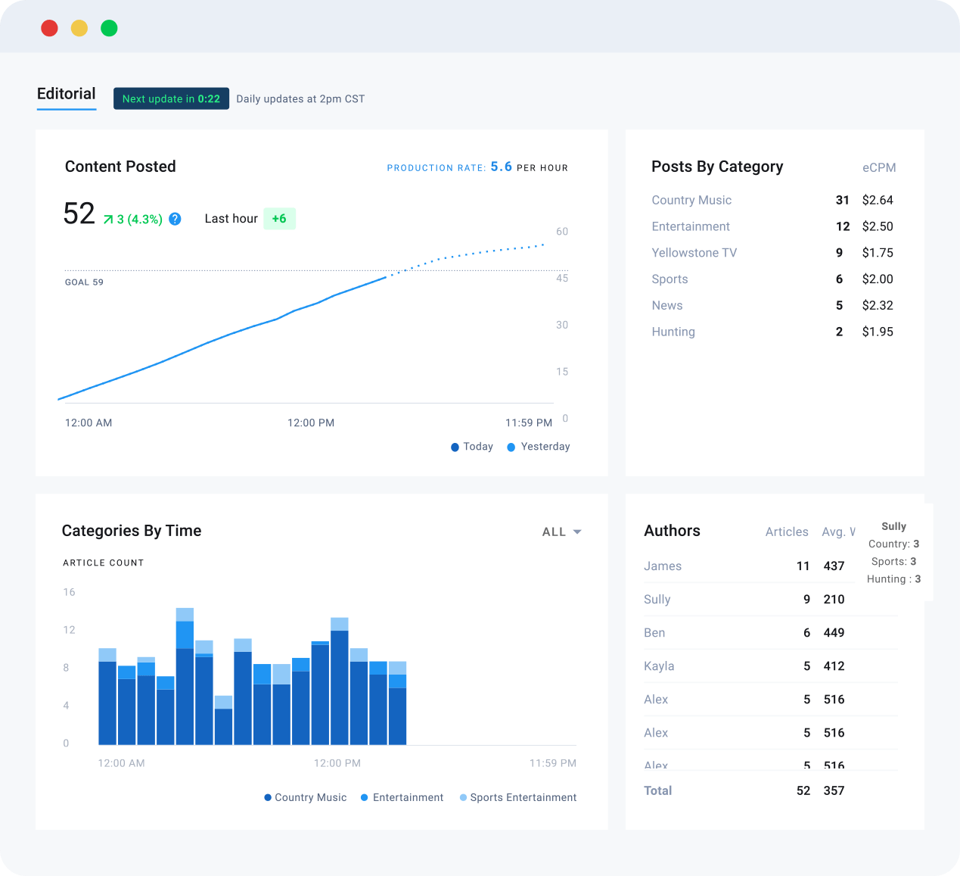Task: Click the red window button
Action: point(49,28)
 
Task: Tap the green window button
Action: point(109,28)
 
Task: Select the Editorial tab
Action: point(67,94)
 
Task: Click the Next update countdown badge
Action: point(171,98)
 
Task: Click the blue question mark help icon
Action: point(176,219)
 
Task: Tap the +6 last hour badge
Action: point(279,219)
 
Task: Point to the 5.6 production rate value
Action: point(501,167)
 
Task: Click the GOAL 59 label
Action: point(84,282)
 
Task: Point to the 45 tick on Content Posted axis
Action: point(562,279)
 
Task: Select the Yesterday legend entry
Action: point(539,447)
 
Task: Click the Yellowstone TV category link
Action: point(694,252)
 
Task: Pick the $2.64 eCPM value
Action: point(878,200)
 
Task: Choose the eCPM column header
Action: point(878,167)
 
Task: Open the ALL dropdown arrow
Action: point(577,532)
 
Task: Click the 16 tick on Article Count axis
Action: point(69,592)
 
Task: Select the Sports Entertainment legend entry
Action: point(517,797)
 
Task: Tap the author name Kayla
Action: point(659,666)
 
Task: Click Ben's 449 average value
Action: point(834,633)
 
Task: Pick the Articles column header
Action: point(786,532)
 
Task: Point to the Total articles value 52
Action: point(803,790)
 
